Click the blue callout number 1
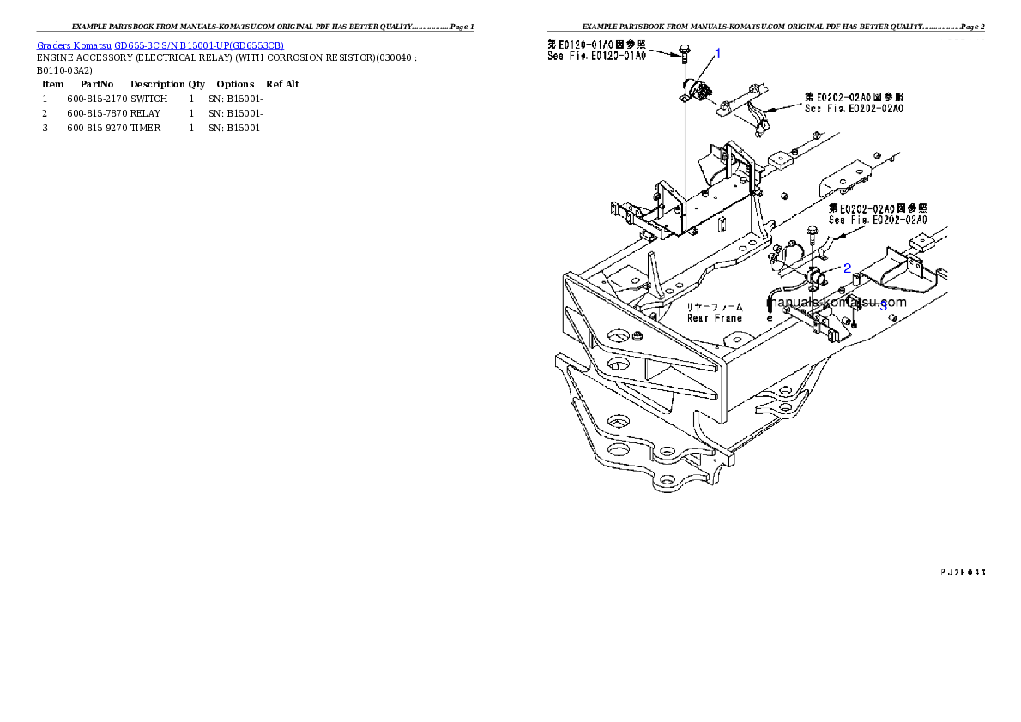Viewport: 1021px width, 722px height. (718, 53)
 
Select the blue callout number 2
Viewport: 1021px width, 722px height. (847, 268)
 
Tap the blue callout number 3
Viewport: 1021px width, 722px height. (883, 306)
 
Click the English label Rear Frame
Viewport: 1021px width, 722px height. (715, 318)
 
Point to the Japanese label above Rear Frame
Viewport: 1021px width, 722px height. (715, 306)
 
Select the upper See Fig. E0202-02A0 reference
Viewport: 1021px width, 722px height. (853, 109)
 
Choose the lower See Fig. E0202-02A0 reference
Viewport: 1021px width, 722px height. (878, 220)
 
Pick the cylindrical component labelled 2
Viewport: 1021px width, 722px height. (818, 276)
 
